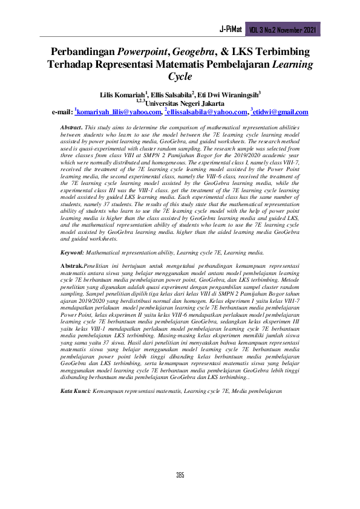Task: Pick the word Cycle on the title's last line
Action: point(180,77)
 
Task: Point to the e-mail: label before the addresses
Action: point(62,112)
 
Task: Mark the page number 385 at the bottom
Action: point(180,475)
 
